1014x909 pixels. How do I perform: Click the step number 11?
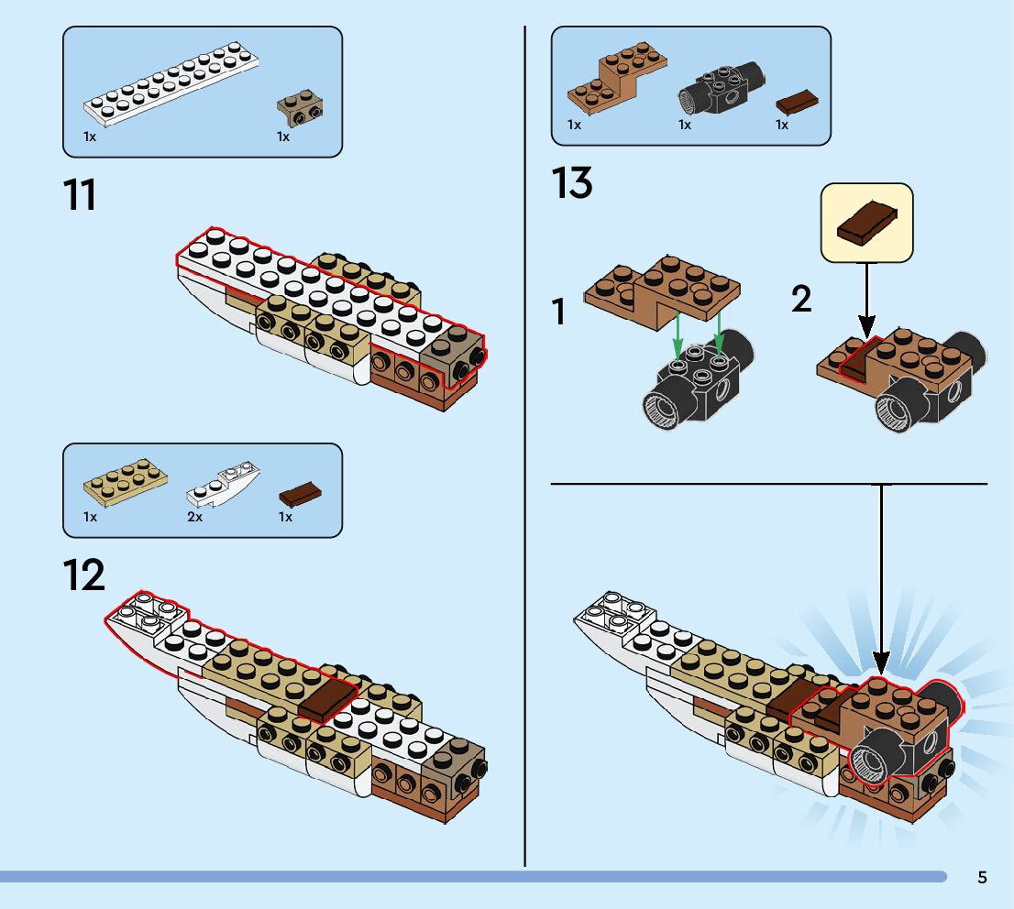(x=81, y=195)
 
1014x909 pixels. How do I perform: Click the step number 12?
(x=83, y=575)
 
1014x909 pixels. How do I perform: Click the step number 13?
(x=572, y=184)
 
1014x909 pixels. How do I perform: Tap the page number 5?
(x=982, y=878)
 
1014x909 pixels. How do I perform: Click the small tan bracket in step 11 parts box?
(x=301, y=107)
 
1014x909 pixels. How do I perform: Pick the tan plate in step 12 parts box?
(x=125, y=480)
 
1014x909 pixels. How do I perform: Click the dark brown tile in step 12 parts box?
(x=300, y=496)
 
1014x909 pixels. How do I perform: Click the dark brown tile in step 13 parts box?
(x=798, y=100)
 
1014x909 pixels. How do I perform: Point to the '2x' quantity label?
(x=194, y=517)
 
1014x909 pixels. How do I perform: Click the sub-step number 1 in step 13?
(x=559, y=312)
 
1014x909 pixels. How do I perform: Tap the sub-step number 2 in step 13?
(x=801, y=300)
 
